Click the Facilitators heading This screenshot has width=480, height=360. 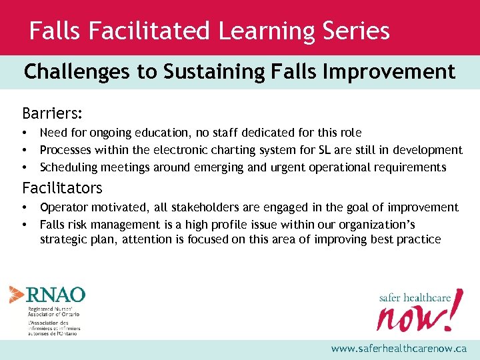pyautogui.click(x=62, y=187)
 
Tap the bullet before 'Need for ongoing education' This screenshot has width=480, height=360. pyautogui.click(x=25, y=133)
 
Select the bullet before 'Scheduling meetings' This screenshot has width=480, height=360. pyautogui.click(x=25, y=167)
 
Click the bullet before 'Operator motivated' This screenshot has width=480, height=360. pyautogui.click(x=25, y=208)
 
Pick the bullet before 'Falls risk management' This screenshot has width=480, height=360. pyautogui.click(x=25, y=225)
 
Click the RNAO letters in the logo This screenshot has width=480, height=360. pyautogui.click(x=56, y=295)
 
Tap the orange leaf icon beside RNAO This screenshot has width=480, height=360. pyautogui.click(x=17, y=295)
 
